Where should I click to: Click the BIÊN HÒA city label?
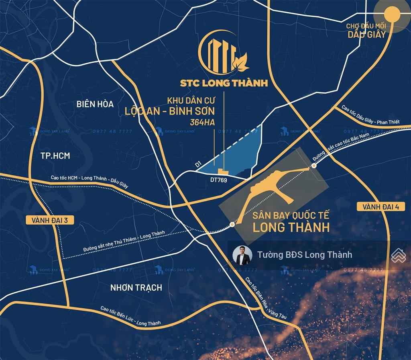[x=95, y=104]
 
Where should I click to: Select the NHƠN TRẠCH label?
[x=136, y=287]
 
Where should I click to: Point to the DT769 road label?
[x=219, y=180]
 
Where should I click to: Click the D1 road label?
[x=197, y=164]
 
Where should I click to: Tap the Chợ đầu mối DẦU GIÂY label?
[x=366, y=31]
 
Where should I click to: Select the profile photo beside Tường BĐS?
[x=242, y=255]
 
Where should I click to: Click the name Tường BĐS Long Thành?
[x=305, y=255]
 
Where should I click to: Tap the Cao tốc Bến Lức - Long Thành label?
[x=130, y=316]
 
